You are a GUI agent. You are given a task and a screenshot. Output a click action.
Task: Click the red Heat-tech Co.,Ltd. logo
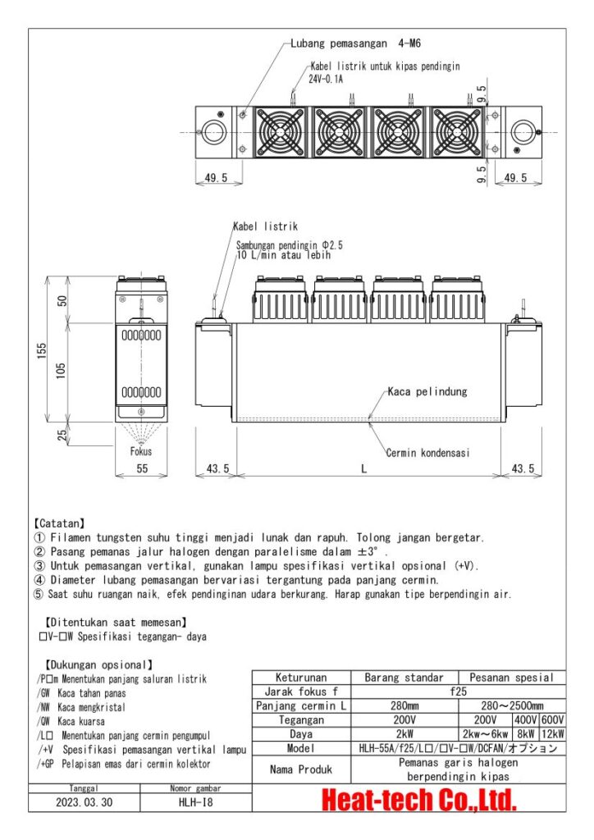(418, 800)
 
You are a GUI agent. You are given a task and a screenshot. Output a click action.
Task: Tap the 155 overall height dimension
(42, 351)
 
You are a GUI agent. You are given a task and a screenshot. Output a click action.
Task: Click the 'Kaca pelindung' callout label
(427, 392)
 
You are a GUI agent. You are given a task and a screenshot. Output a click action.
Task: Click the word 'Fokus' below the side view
(141, 450)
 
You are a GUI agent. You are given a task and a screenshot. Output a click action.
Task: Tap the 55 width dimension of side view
(141, 468)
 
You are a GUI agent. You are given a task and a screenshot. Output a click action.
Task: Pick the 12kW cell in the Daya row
(552, 734)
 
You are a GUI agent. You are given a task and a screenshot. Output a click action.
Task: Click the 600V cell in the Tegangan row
(552, 719)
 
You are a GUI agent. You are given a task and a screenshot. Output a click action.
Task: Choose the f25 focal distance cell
(457, 692)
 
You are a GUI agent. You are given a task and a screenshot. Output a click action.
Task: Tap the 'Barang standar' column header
(402, 678)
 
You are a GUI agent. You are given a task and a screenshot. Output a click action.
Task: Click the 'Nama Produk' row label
(301, 769)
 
